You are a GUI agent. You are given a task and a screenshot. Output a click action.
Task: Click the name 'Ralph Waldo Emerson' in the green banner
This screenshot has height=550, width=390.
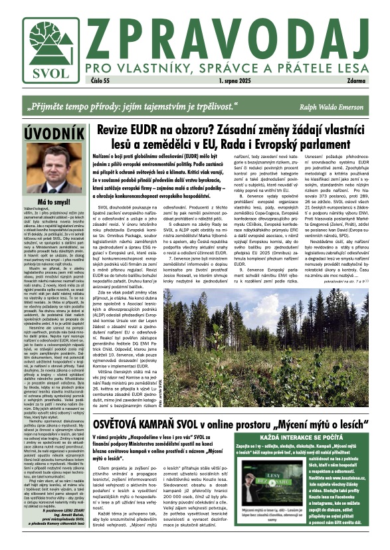(332, 106)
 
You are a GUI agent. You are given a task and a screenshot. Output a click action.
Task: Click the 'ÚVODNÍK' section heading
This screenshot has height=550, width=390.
(43, 134)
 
